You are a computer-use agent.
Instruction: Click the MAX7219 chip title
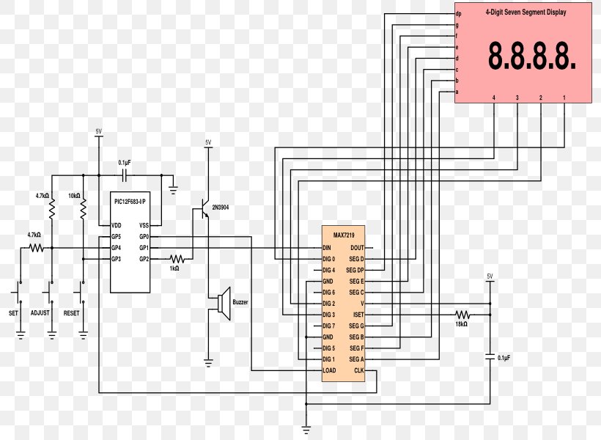point(343,236)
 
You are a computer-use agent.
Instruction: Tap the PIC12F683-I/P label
point(130,200)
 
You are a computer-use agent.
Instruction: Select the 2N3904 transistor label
point(221,208)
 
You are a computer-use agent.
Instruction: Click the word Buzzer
point(240,302)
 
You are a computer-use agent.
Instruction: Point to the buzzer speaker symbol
point(224,304)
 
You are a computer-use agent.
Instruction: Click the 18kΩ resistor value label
point(461,323)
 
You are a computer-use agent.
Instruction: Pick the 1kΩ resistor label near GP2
point(174,268)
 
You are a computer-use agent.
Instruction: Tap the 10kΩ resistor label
point(74,196)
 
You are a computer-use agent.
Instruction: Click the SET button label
point(13,313)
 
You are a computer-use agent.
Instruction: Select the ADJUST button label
point(40,313)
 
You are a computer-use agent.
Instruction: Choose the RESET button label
point(72,313)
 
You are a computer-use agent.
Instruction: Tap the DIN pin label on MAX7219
point(327,248)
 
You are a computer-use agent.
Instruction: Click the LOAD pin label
point(329,370)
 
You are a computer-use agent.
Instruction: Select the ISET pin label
point(358,315)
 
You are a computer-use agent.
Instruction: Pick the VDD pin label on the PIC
point(116,225)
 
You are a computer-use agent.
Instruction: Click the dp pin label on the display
point(458,14)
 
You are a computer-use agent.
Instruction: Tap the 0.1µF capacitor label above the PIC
point(125,162)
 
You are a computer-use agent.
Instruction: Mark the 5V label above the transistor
point(208,142)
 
